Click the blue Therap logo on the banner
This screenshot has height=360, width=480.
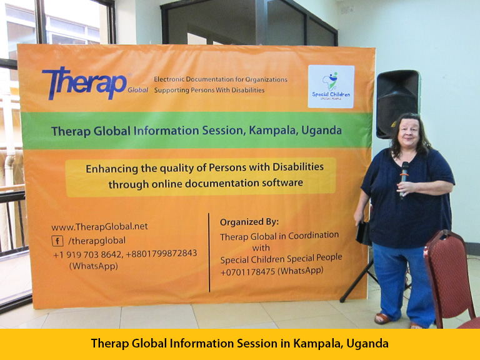pyautogui.click(x=84, y=83)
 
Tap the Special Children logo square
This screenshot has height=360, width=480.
pyautogui.click(x=331, y=86)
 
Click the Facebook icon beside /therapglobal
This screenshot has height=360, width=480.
pyautogui.click(x=57, y=241)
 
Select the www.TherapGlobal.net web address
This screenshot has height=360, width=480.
pyautogui.click(x=99, y=226)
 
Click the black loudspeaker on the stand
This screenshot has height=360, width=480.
pyautogui.click(x=397, y=102)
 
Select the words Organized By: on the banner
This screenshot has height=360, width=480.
pyautogui.click(x=249, y=222)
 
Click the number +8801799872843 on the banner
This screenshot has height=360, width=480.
pyautogui.click(x=161, y=254)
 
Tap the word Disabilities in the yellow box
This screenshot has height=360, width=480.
pyautogui.click(x=298, y=167)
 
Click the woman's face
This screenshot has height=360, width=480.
pyautogui.click(x=409, y=132)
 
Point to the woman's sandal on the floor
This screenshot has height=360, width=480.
pyautogui.click(x=382, y=319)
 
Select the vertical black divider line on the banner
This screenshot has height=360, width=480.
pyautogui.click(x=209, y=252)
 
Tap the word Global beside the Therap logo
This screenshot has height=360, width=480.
pyautogui.click(x=137, y=90)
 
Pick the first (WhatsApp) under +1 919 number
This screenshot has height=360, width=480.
pyautogui.click(x=93, y=266)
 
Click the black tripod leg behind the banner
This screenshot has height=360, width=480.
pyautogui.click(x=356, y=281)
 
